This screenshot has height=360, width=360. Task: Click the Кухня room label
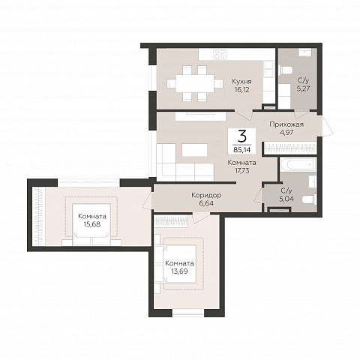[x=241, y=82]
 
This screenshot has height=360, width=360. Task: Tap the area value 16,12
[x=241, y=90]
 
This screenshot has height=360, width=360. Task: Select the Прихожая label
[x=286, y=124]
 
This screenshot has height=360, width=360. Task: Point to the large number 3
[x=242, y=136]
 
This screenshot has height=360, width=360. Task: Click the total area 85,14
[x=241, y=150]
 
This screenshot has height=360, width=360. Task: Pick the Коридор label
[x=206, y=195]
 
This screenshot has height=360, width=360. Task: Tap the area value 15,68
[x=92, y=224]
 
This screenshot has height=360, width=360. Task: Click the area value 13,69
[x=179, y=271]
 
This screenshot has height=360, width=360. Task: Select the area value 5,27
[x=303, y=88]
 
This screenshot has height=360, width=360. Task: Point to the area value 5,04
[x=286, y=199]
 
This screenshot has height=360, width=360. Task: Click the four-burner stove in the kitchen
[x=220, y=54]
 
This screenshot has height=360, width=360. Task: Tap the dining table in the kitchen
[x=195, y=83]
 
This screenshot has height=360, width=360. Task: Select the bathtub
[x=298, y=165]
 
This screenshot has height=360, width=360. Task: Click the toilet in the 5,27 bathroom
[x=286, y=70]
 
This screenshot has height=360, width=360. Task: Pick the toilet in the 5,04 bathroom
[x=309, y=200]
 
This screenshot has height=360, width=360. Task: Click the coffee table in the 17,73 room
[x=195, y=150]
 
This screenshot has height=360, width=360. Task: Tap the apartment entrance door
[x=328, y=126]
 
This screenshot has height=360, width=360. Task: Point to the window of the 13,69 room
[x=188, y=313]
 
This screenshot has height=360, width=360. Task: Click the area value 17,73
[x=242, y=171]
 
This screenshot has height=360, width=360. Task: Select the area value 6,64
[x=206, y=203]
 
